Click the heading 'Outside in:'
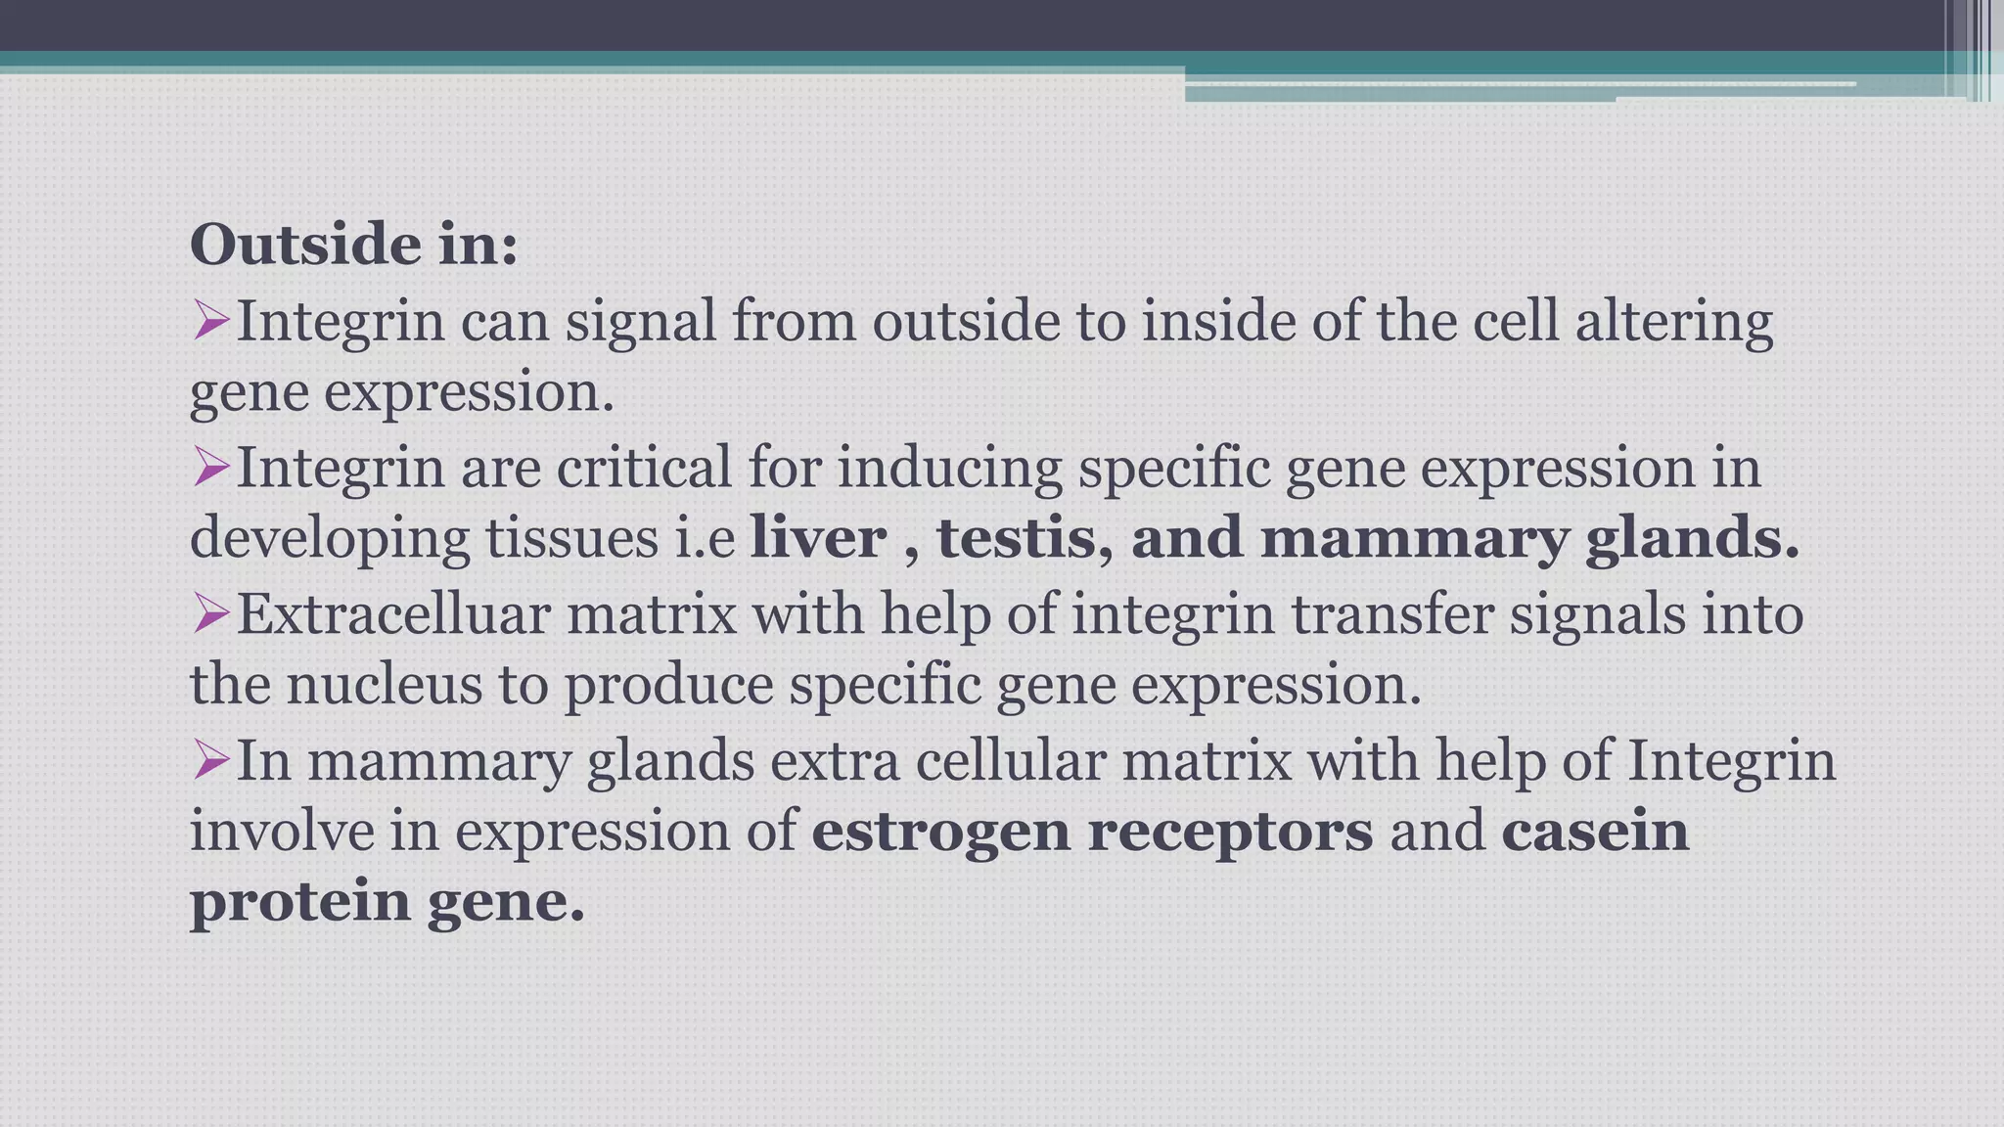click(x=353, y=245)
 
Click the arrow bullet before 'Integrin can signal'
click(x=210, y=320)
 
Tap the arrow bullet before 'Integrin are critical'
click(x=210, y=467)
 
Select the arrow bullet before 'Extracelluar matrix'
click(x=210, y=613)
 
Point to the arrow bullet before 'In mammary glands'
click(x=210, y=759)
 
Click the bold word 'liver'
click(x=818, y=538)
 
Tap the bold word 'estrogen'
click(x=940, y=832)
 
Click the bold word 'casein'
click(x=1595, y=832)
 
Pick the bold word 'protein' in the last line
click(x=299, y=901)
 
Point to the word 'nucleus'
click(x=384, y=684)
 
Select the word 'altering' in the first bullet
click(x=1673, y=323)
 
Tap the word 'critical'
click(x=644, y=468)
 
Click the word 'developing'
click(x=329, y=540)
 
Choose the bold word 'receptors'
click(x=1230, y=832)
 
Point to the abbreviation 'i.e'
click(x=705, y=538)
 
